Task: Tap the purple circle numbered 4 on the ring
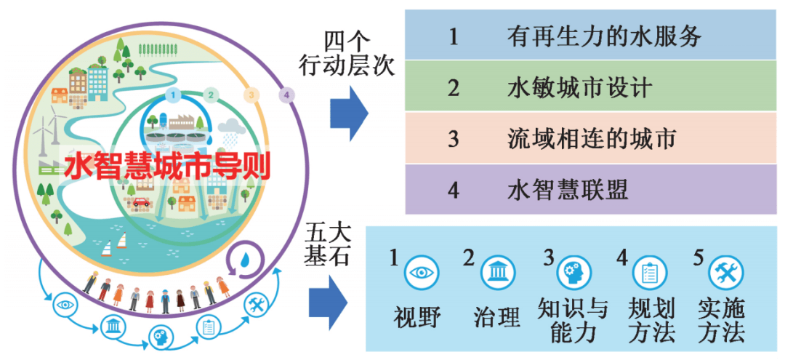[286, 95]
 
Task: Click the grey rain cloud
[232, 126]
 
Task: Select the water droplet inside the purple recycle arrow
[246, 260]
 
